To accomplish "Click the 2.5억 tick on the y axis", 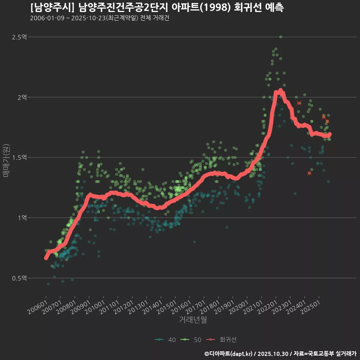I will [19, 37].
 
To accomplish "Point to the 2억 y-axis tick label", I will [22, 97].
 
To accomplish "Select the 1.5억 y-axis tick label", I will [19, 157].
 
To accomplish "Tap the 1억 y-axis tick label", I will [22, 218].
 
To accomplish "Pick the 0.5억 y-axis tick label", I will [19, 278].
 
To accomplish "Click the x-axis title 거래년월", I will [193, 319].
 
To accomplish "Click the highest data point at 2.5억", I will [280, 37].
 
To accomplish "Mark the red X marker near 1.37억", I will [309, 173].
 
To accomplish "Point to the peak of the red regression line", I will [280, 90].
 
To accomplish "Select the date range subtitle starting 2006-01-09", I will [99, 18].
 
